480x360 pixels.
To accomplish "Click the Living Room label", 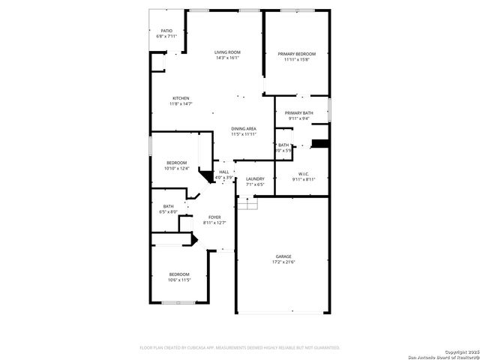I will click(226, 52).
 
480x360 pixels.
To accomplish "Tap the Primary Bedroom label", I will click(297, 54).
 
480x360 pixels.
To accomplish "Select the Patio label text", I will click(166, 31).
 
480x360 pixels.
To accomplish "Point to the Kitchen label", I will click(181, 98).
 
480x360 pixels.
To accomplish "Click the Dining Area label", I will click(244, 129).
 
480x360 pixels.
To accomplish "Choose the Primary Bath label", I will click(298, 112).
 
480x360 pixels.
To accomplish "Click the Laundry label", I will click(255, 178).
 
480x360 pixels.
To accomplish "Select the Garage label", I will click(283, 256).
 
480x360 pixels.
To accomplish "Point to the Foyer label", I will click(214, 217).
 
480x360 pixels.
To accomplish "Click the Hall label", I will click(223, 172).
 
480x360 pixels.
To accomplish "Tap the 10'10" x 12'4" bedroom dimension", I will click(176, 168).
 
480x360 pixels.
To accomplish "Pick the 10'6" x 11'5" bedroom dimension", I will click(179, 280).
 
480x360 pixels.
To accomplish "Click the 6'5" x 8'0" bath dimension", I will click(168, 212).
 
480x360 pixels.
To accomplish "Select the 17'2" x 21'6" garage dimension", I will click(283, 262).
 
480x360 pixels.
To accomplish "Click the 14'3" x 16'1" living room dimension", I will click(226, 58).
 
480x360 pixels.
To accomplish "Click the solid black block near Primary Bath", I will click(320, 143).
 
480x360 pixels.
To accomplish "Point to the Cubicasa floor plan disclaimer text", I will click(240, 348).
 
